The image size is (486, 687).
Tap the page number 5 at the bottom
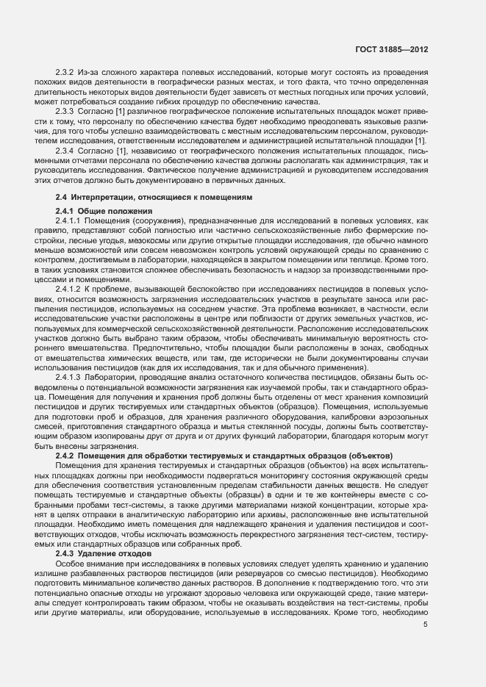(426, 625)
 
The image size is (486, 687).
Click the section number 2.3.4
(65, 150)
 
